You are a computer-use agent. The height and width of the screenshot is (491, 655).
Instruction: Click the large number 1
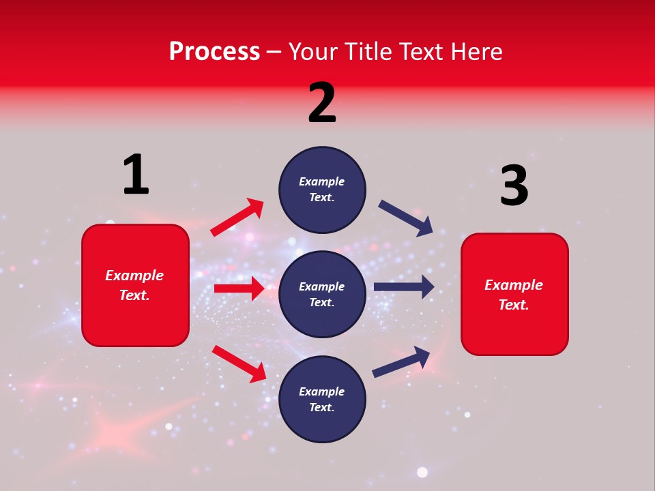(x=136, y=175)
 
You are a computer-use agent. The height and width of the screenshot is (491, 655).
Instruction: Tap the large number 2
(x=322, y=104)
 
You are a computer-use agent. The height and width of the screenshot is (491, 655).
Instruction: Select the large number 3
(x=514, y=186)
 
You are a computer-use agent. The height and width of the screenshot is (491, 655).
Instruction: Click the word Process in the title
(x=214, y=51)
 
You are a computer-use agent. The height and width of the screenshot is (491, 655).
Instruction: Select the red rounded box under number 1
(x=135, y=285)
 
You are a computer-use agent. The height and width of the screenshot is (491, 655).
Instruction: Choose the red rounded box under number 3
(x=514, y=295)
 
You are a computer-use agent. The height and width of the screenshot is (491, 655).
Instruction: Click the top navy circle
(x=322, y=190)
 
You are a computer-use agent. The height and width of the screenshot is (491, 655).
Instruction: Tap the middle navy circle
(x=322, y=294)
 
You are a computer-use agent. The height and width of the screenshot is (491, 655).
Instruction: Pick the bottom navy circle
(x=322, y=399)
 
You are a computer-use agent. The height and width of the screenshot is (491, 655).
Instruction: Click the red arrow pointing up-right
(x=237, y=217)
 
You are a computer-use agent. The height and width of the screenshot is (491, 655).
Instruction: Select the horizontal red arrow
(x=239, y=288)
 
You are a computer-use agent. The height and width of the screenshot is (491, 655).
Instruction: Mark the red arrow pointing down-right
(x=239, y=363)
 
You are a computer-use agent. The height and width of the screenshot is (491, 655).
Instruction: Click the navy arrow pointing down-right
(x=406, y=218)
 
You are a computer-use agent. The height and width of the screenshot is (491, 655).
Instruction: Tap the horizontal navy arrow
(x=404, y=286)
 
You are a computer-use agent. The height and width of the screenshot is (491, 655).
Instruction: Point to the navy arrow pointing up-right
(x=401, y=361)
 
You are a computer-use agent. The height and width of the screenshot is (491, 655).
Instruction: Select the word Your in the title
(x=310, y=51)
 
